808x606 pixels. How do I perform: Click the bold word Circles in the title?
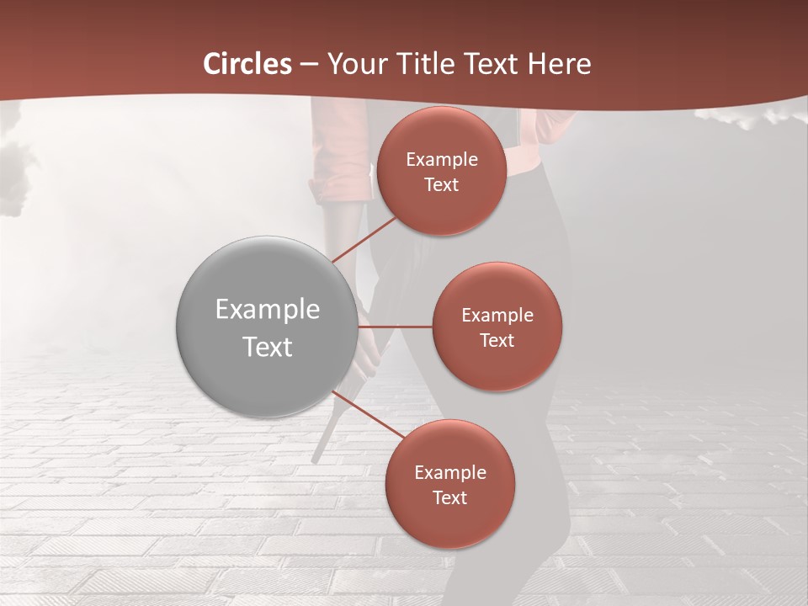247,63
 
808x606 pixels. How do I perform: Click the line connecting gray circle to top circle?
364,239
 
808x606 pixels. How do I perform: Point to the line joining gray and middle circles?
395,326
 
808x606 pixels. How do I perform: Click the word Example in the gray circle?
268,310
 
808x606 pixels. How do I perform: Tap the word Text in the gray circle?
268,347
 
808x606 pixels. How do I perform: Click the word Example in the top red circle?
441,160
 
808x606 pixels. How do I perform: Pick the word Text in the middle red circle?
497,341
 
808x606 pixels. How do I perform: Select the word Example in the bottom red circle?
449,473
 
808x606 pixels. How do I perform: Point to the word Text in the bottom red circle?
449,498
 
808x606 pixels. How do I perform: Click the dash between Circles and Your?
309,64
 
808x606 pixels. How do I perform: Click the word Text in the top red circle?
441,185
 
